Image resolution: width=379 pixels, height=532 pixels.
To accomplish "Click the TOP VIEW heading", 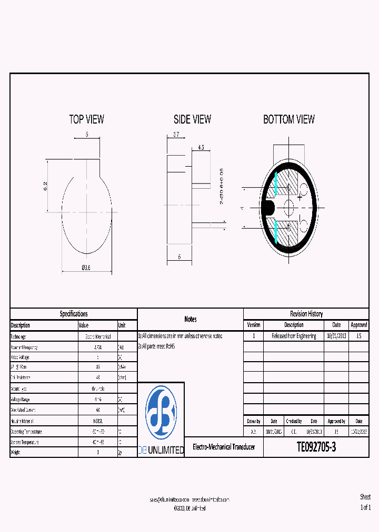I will tap(87, 119).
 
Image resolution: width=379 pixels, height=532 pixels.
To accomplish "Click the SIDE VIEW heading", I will tap(193, 119).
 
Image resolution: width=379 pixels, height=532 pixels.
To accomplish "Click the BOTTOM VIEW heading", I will tap(289, 119).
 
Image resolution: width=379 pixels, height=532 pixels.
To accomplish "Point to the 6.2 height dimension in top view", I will tap(46, 186).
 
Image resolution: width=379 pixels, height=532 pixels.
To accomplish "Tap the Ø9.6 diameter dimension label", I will tap(86, 268).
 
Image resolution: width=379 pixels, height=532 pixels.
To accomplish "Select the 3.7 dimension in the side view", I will tap(176, 135).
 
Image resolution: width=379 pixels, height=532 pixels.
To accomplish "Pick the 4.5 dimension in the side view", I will tap(201, 148).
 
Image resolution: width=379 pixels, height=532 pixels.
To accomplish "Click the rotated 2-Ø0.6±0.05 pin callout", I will tap(221, 187).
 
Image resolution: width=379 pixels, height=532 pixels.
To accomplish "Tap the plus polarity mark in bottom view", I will tap(300, 197).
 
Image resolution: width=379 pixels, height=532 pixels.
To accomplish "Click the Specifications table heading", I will tap(74, 314).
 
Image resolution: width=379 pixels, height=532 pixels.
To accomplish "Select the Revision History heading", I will tap(306, 314).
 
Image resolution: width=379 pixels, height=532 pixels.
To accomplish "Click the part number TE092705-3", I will tap(316, 447).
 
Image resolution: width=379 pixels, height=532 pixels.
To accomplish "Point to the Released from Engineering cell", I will tap(294, 336).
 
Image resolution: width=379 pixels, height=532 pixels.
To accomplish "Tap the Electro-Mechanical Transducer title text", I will tap(224, 447).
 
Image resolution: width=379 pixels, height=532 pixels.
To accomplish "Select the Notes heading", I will tap(191, 319).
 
